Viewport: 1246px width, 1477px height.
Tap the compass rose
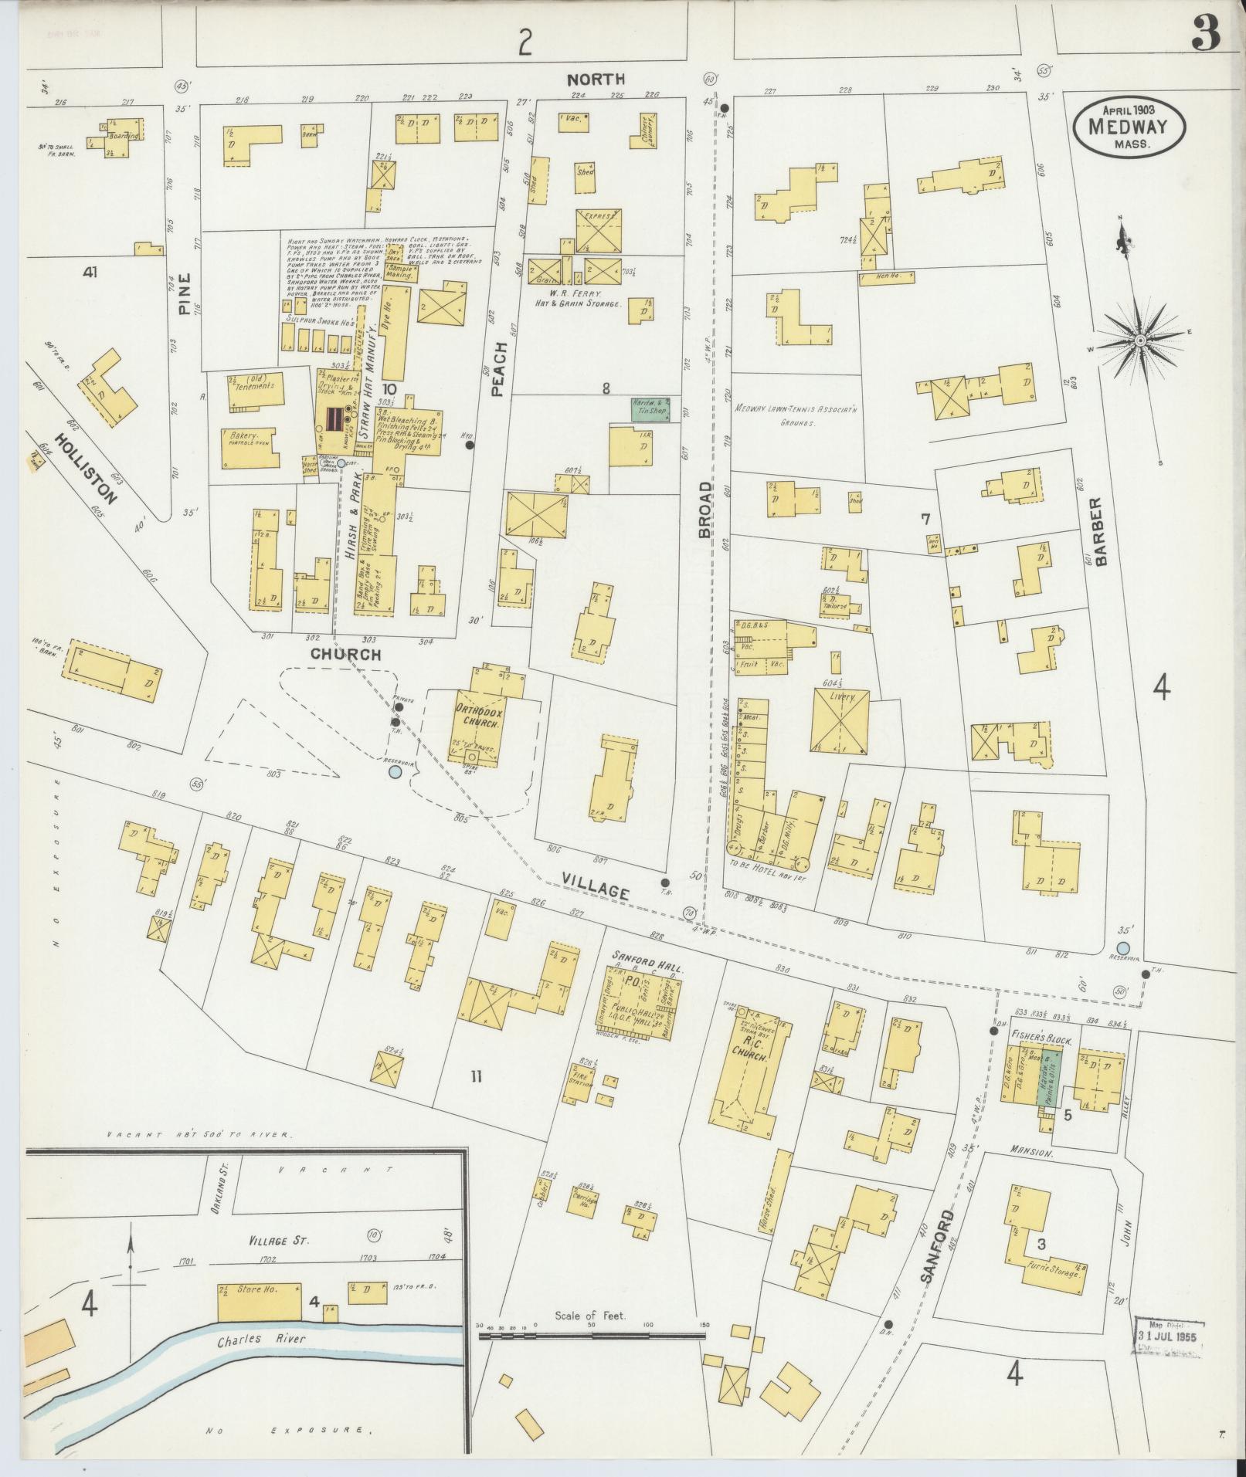pos(1140,340)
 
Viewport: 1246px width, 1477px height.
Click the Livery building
pos(840,720)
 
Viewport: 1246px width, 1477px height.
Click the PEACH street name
pos(497,369)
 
